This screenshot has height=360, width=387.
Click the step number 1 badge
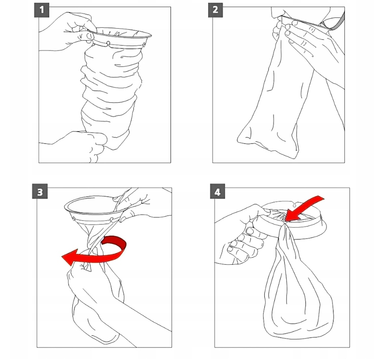[x=42, y=10]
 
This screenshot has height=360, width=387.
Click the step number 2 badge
[x=215, y=10]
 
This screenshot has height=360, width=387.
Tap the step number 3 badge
[x=40, y=191]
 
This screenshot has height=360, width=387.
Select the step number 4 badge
[x=217, y=191]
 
